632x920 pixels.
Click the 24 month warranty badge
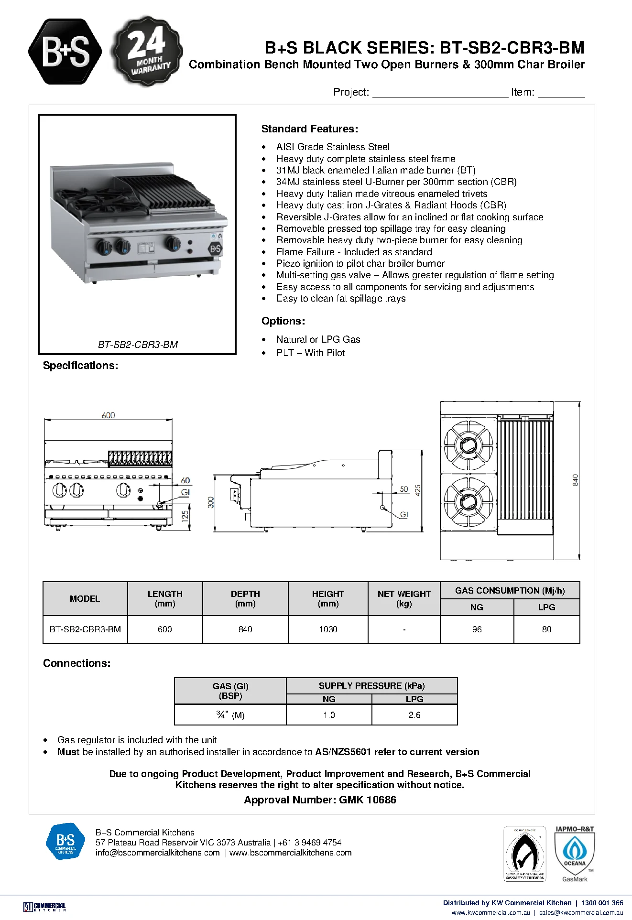pos(147,52)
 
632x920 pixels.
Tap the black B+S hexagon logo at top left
pos(65,52)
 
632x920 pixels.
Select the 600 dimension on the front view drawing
pos(109,415)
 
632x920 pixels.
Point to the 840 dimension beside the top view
pos(575,480)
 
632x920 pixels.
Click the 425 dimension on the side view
pos(418,490)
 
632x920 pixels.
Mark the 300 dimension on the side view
pos(211,502)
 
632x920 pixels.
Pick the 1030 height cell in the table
pos(328,629)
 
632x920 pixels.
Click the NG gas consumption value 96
pos(477,629)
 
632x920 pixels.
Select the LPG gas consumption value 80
pos(546,629)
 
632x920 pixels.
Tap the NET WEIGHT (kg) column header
pos(404,598)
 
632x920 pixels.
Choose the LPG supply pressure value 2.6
pos(414,714)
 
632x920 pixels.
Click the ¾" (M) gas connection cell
pos(230,715)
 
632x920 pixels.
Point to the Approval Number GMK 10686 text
pos(320,800)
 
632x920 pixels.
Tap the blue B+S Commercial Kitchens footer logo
pos(65,841)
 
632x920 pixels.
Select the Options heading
pos(283,321)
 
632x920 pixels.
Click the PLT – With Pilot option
pos(310,353)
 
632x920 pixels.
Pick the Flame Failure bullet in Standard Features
pos(354,252)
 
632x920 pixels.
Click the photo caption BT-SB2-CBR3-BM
pos(138,344)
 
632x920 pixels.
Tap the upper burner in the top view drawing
pos(466,445)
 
